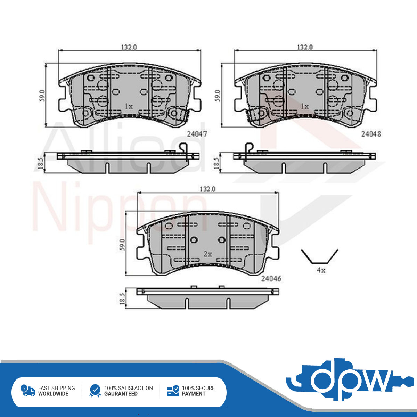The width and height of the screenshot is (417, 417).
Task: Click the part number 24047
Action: [x=197, y=134]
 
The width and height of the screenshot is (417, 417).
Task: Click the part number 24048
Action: [x=371, y=134]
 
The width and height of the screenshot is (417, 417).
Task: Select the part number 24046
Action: [x=271, y=279]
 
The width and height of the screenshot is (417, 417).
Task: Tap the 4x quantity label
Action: [x=321, y=270]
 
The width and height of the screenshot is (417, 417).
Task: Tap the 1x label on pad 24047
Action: [x=129, y=106]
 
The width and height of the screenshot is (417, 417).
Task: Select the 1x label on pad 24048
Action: [x=304, y=106]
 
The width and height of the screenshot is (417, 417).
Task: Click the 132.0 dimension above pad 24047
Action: [x=129, y=47]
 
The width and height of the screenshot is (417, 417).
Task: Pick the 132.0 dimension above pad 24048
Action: [x=305, y=47]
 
